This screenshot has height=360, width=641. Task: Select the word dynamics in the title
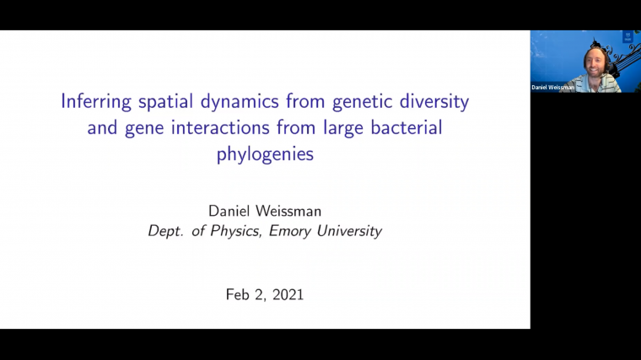(238, 103)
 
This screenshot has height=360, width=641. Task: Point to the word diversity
(432, 103)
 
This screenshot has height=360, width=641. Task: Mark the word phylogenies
(264, 155)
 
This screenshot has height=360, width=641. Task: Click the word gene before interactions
(138, 129)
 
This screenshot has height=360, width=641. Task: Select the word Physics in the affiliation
(237, 230)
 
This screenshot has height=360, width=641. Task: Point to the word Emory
(291, 230)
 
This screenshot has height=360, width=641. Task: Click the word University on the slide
(349, 230)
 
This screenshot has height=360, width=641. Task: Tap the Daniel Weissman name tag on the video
(553, 87)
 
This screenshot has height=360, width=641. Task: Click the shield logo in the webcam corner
(627, 36)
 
